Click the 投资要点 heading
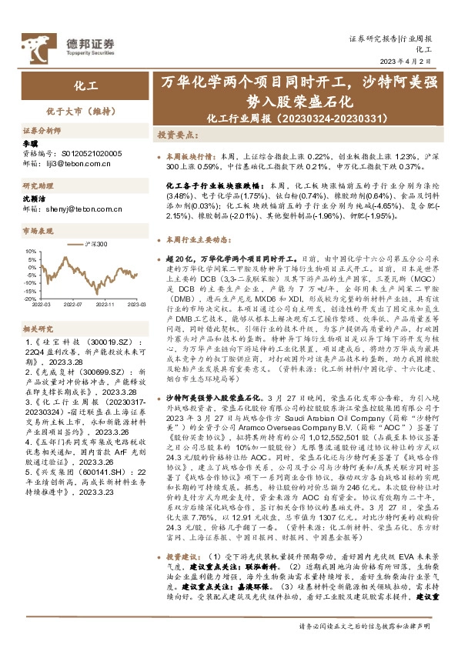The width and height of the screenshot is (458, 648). (180, 133)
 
